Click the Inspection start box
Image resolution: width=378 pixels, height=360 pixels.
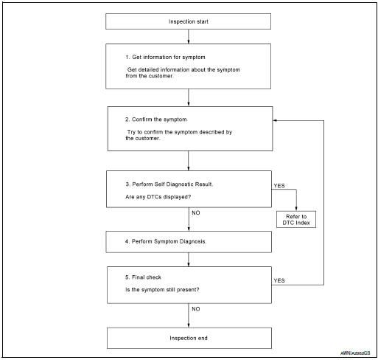[189, 21]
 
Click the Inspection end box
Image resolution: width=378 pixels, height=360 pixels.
[189, 338]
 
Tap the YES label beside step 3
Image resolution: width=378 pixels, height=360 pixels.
[280, 186]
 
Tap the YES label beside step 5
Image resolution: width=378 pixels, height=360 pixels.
[280, 281]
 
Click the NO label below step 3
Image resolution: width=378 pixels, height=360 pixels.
[196, 212]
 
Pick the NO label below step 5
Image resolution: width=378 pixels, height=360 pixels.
[196, 309]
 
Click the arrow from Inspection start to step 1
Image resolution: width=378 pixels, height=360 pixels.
[189, 36]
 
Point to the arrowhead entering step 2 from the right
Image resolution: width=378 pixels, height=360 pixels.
[276, 120]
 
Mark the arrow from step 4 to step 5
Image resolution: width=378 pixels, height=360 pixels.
[189, 260]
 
